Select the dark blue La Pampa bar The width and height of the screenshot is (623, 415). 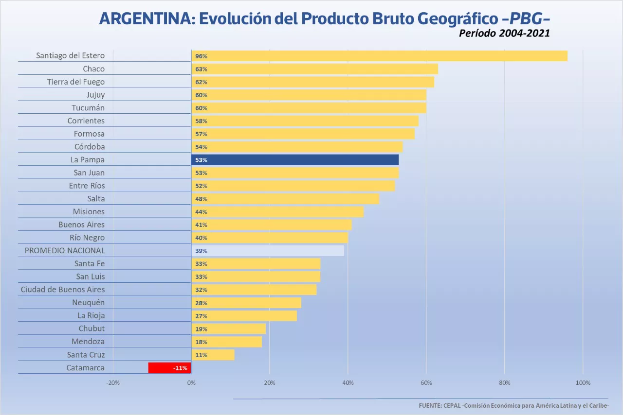[295, 159]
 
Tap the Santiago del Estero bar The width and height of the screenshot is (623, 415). [379, 56]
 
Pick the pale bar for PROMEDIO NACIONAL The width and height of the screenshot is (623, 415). [268, 251]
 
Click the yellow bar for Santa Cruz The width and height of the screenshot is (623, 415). [213, 355]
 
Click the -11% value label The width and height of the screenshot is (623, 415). [180, 368]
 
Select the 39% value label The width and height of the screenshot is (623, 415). [201, 251]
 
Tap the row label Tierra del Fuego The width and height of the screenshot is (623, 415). [76, 82]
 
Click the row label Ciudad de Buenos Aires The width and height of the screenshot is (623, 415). [63, 290]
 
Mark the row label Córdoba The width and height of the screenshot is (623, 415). [90, 147]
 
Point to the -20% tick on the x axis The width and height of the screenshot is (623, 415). [113, 383]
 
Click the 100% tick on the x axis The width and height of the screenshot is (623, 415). [583, 383]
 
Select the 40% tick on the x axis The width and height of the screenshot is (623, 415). [348, 383]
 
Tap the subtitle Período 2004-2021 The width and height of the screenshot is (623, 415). [504, 34]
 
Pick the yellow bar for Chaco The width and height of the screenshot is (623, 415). [314, 69]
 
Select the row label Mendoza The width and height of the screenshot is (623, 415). [88, 342]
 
